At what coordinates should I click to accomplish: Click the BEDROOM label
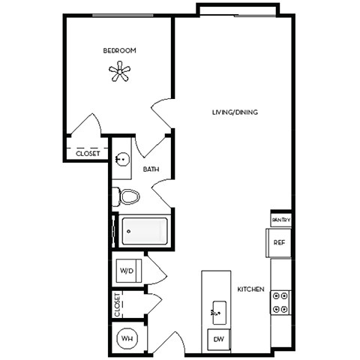[119, 50]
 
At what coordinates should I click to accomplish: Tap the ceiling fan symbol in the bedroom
[119, 72]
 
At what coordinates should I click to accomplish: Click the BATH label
[151, 170]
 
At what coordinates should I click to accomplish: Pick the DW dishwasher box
[218, 340]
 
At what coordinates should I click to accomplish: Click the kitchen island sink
[219, 309]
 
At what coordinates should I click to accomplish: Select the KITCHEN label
[250, 289]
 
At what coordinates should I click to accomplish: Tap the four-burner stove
[280, 301]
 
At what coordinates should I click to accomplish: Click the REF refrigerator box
[278, 242]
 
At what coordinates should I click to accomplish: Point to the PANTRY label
[280, 220]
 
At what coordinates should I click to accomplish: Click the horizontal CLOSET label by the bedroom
[88, 153]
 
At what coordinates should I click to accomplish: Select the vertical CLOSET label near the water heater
[118, 305]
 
